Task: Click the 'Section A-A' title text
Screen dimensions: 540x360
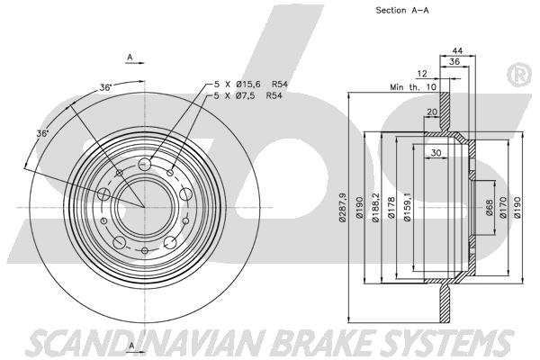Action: pos(402,10)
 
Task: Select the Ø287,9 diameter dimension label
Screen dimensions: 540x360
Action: pos(342,207)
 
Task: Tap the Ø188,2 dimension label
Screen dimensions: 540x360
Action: pos(375,207)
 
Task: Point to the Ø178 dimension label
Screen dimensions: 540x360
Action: pos(391,207)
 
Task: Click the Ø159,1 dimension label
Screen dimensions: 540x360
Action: pos(408,207)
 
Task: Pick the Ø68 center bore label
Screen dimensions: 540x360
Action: pos(490,207)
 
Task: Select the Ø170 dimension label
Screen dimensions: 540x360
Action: pos(503,207)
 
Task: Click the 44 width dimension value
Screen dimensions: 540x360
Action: pos(457,51)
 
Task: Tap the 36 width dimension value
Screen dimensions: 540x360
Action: pos(454,62)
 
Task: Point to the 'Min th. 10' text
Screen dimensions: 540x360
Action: pos(413,87)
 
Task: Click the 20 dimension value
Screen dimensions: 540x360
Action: pos(432,112)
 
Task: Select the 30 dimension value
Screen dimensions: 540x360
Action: pos(436,152)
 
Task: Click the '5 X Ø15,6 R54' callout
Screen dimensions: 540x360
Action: pos(251,84)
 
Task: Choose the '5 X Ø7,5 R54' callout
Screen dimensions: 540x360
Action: pos(248,95)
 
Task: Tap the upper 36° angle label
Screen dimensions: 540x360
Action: pos(105,87)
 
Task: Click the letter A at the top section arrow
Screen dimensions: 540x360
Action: pos(130,58)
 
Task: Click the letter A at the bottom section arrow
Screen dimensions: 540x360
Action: pos(131,346)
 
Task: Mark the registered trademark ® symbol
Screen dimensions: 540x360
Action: pos(519,75)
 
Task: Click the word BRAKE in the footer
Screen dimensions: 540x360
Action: pos(326,342)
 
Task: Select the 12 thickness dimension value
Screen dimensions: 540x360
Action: pos(422,74)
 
